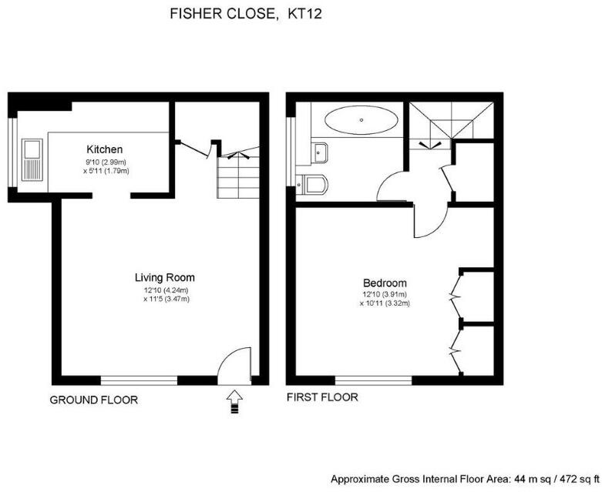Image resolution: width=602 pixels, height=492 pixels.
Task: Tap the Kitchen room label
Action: click(104, 149)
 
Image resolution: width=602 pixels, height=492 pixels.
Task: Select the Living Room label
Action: click(164, 277)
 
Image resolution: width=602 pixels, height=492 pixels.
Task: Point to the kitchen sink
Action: click(34, 158)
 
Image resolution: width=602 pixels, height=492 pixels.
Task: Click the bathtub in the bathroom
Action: click(361, 119)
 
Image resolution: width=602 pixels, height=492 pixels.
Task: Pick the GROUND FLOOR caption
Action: click(93, 400)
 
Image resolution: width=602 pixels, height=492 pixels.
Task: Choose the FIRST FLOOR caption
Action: click(322, 397)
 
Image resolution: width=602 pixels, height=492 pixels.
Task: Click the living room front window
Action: click(139, 380)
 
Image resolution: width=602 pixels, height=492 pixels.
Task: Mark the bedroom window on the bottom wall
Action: click(373, 380)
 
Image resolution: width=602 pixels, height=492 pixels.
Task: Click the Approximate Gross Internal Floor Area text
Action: click(464, 479)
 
